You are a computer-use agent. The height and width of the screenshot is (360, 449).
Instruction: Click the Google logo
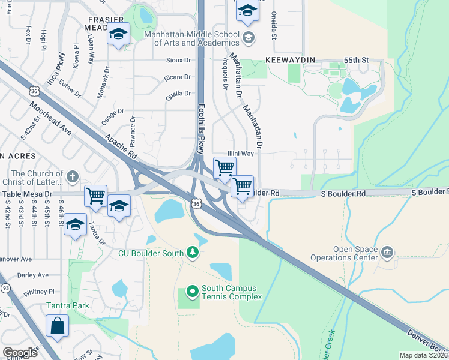coord(20,353)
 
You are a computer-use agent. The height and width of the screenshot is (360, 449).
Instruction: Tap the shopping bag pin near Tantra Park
coord(58,326)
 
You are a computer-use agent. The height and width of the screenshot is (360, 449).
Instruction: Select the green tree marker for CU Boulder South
coord(192,251)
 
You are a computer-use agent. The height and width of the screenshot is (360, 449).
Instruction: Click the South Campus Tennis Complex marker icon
coord(192,292)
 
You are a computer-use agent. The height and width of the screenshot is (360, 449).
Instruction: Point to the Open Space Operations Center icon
coord(387,251)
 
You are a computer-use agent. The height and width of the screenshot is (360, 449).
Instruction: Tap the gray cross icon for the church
coord(72,176)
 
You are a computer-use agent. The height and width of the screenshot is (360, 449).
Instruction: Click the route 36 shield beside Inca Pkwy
coord(35,91)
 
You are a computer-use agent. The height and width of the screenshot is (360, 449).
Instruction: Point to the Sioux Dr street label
coord(179,61)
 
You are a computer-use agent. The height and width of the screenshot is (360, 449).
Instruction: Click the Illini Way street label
coord(240,154)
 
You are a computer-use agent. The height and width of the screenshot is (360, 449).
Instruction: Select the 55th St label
coord(355,61)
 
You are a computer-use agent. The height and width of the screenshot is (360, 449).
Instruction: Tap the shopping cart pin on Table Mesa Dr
coord(96,196)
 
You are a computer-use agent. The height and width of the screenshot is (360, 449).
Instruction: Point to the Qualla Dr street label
coord(178,93)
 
